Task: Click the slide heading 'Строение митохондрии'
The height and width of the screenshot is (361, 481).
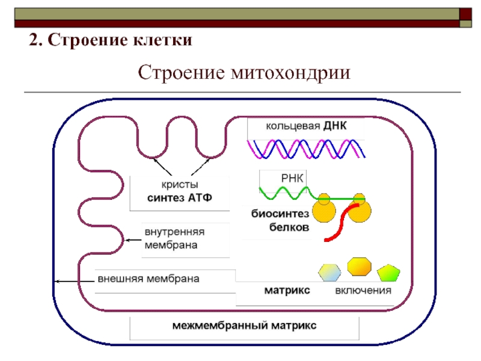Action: pyautogui.click(x=244, y=73)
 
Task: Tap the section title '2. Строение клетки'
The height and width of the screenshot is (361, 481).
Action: pyautogui.click(x=111, y=40)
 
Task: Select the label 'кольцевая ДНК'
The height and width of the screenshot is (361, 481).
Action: pyautogui.click(x=306, y=126)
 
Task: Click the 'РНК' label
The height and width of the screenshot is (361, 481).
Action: pyautogui.click(x=292, y=178)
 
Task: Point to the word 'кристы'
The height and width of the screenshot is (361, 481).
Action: pyautogui.click(x=180, y=185)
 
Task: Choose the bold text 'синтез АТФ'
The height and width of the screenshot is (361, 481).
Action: pyautogui.click(x=180, y=198)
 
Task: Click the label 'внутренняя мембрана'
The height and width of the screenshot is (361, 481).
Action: pyautogui.click(x=174, y=238)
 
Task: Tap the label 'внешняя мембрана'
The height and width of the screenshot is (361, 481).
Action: pyautogui.click(x=149, y=279)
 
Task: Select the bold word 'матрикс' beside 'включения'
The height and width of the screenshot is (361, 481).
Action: pyautogui.click(x=287, y=290)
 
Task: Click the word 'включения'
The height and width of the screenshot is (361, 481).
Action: pyautogui.click(x=363, y=291)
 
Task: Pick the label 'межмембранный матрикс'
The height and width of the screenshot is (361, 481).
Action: pyautogui.click(x=244, y=326)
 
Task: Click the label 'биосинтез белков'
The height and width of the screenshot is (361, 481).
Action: pyautogui.click(x=280, y=220)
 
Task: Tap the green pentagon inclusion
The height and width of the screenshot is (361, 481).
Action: pyautogui.click(x=388, y=273)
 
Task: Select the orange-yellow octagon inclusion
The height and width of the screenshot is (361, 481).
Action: pyautogui.click(x=359, y=267)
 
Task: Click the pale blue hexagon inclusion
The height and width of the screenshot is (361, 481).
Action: pyautogui.click(x=329, y=273)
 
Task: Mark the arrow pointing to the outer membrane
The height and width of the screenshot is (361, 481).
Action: pyautogui.click(x=75, y=281)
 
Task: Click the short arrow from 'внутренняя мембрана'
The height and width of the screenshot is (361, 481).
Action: pyautogui.click(x=133, y=240)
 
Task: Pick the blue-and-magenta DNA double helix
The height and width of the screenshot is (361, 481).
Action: pyautogui.click(x=306, y=149)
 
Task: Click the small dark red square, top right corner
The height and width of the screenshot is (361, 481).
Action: pyautogui.click(x=465, y=14)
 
